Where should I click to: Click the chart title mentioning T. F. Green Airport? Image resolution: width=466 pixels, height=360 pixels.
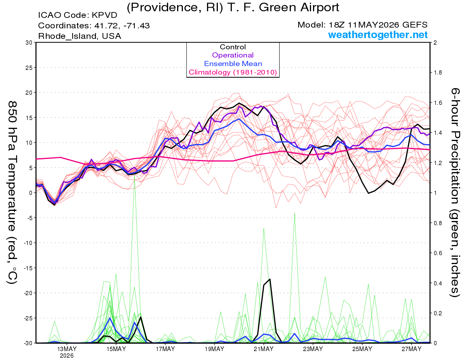pos(233,8)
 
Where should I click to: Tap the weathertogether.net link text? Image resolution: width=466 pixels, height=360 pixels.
pos(378,35)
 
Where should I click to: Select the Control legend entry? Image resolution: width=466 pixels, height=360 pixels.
pos(233,47)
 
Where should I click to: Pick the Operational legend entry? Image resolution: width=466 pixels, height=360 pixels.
pos(233,55)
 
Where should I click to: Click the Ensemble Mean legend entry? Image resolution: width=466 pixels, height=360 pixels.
pos(233,64)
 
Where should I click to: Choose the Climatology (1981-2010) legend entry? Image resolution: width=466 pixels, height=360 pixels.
pos(233,72)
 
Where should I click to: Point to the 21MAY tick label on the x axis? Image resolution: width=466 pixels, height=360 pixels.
pos(264,349)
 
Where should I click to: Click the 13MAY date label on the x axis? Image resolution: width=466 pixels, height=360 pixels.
pos(67,349)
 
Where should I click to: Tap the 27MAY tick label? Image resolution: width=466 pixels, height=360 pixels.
pos(411,349)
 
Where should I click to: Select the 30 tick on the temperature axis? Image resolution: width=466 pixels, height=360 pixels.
pos(29,43)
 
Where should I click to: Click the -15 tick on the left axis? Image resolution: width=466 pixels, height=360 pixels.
pos(27,268)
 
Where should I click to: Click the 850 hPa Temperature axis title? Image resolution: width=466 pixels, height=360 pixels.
pos(12,193)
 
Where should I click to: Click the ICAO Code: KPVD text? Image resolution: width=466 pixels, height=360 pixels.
pos(78,15)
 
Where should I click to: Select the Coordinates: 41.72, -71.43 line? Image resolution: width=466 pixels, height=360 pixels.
pos(94,26)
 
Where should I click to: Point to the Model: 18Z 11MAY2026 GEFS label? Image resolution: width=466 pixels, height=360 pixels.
pos(362,25)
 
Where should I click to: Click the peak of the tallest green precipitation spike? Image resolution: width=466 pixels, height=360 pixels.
pos(134,175)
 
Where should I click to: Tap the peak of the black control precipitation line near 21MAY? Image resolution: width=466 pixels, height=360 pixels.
pos(270,279)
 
